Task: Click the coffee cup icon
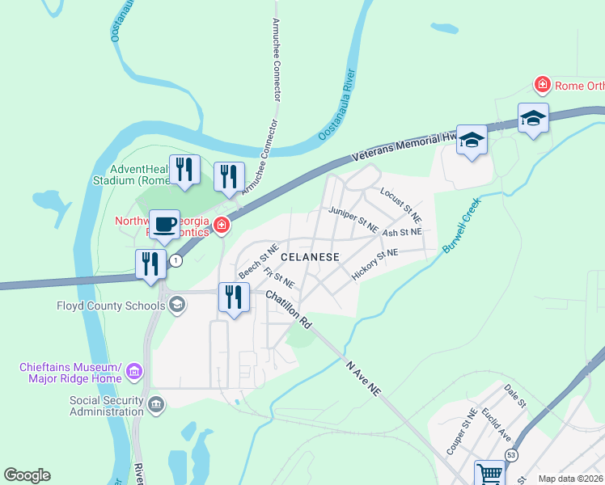pyautogui.click(x=164, y=224)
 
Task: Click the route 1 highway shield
pyautogui.click(x=175, y=259)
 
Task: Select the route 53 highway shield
pyautogui.click(x=510, y=456)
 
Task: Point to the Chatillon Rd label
pyautogui.click(x=288, y=310)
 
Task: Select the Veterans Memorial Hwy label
pyautogui.click(x=402, y=145)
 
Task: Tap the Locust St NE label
pyautogui.click(x=400, y=206)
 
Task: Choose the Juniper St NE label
pyautogui.click(x=353, y=219)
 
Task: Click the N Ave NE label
pyautogui.click(x=361, y=377)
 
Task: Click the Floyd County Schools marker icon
pyautogui.click(x=176, y=305)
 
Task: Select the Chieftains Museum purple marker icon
pyautogui.click(x=134, y=373)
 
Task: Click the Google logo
pyautogui.click(x=27, y=475)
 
